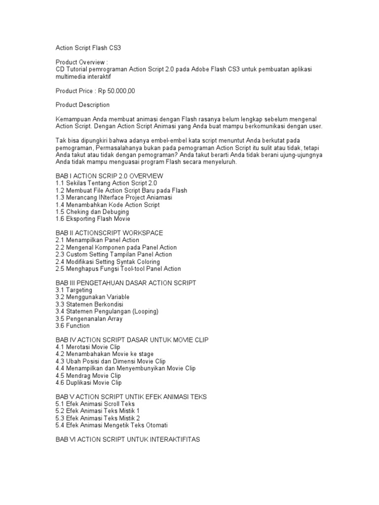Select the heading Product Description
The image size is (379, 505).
tap(82, 105)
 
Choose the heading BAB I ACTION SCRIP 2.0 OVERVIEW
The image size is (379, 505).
tap(109, 176)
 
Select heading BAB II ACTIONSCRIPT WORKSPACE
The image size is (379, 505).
tap(109, 233)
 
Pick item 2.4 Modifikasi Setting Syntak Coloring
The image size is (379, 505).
tap(108, 262)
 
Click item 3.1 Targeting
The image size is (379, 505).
tap(74, 290)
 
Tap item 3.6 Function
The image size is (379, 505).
tap(73, 326)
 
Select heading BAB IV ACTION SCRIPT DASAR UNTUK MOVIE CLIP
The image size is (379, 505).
tap(132, 340)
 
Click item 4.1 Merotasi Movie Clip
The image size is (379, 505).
tap(88, 347)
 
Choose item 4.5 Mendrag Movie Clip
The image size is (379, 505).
tap(88, 376)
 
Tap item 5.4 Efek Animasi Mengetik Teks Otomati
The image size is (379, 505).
tap(112, 425)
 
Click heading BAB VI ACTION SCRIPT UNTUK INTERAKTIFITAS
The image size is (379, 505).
tap(128, 439)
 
